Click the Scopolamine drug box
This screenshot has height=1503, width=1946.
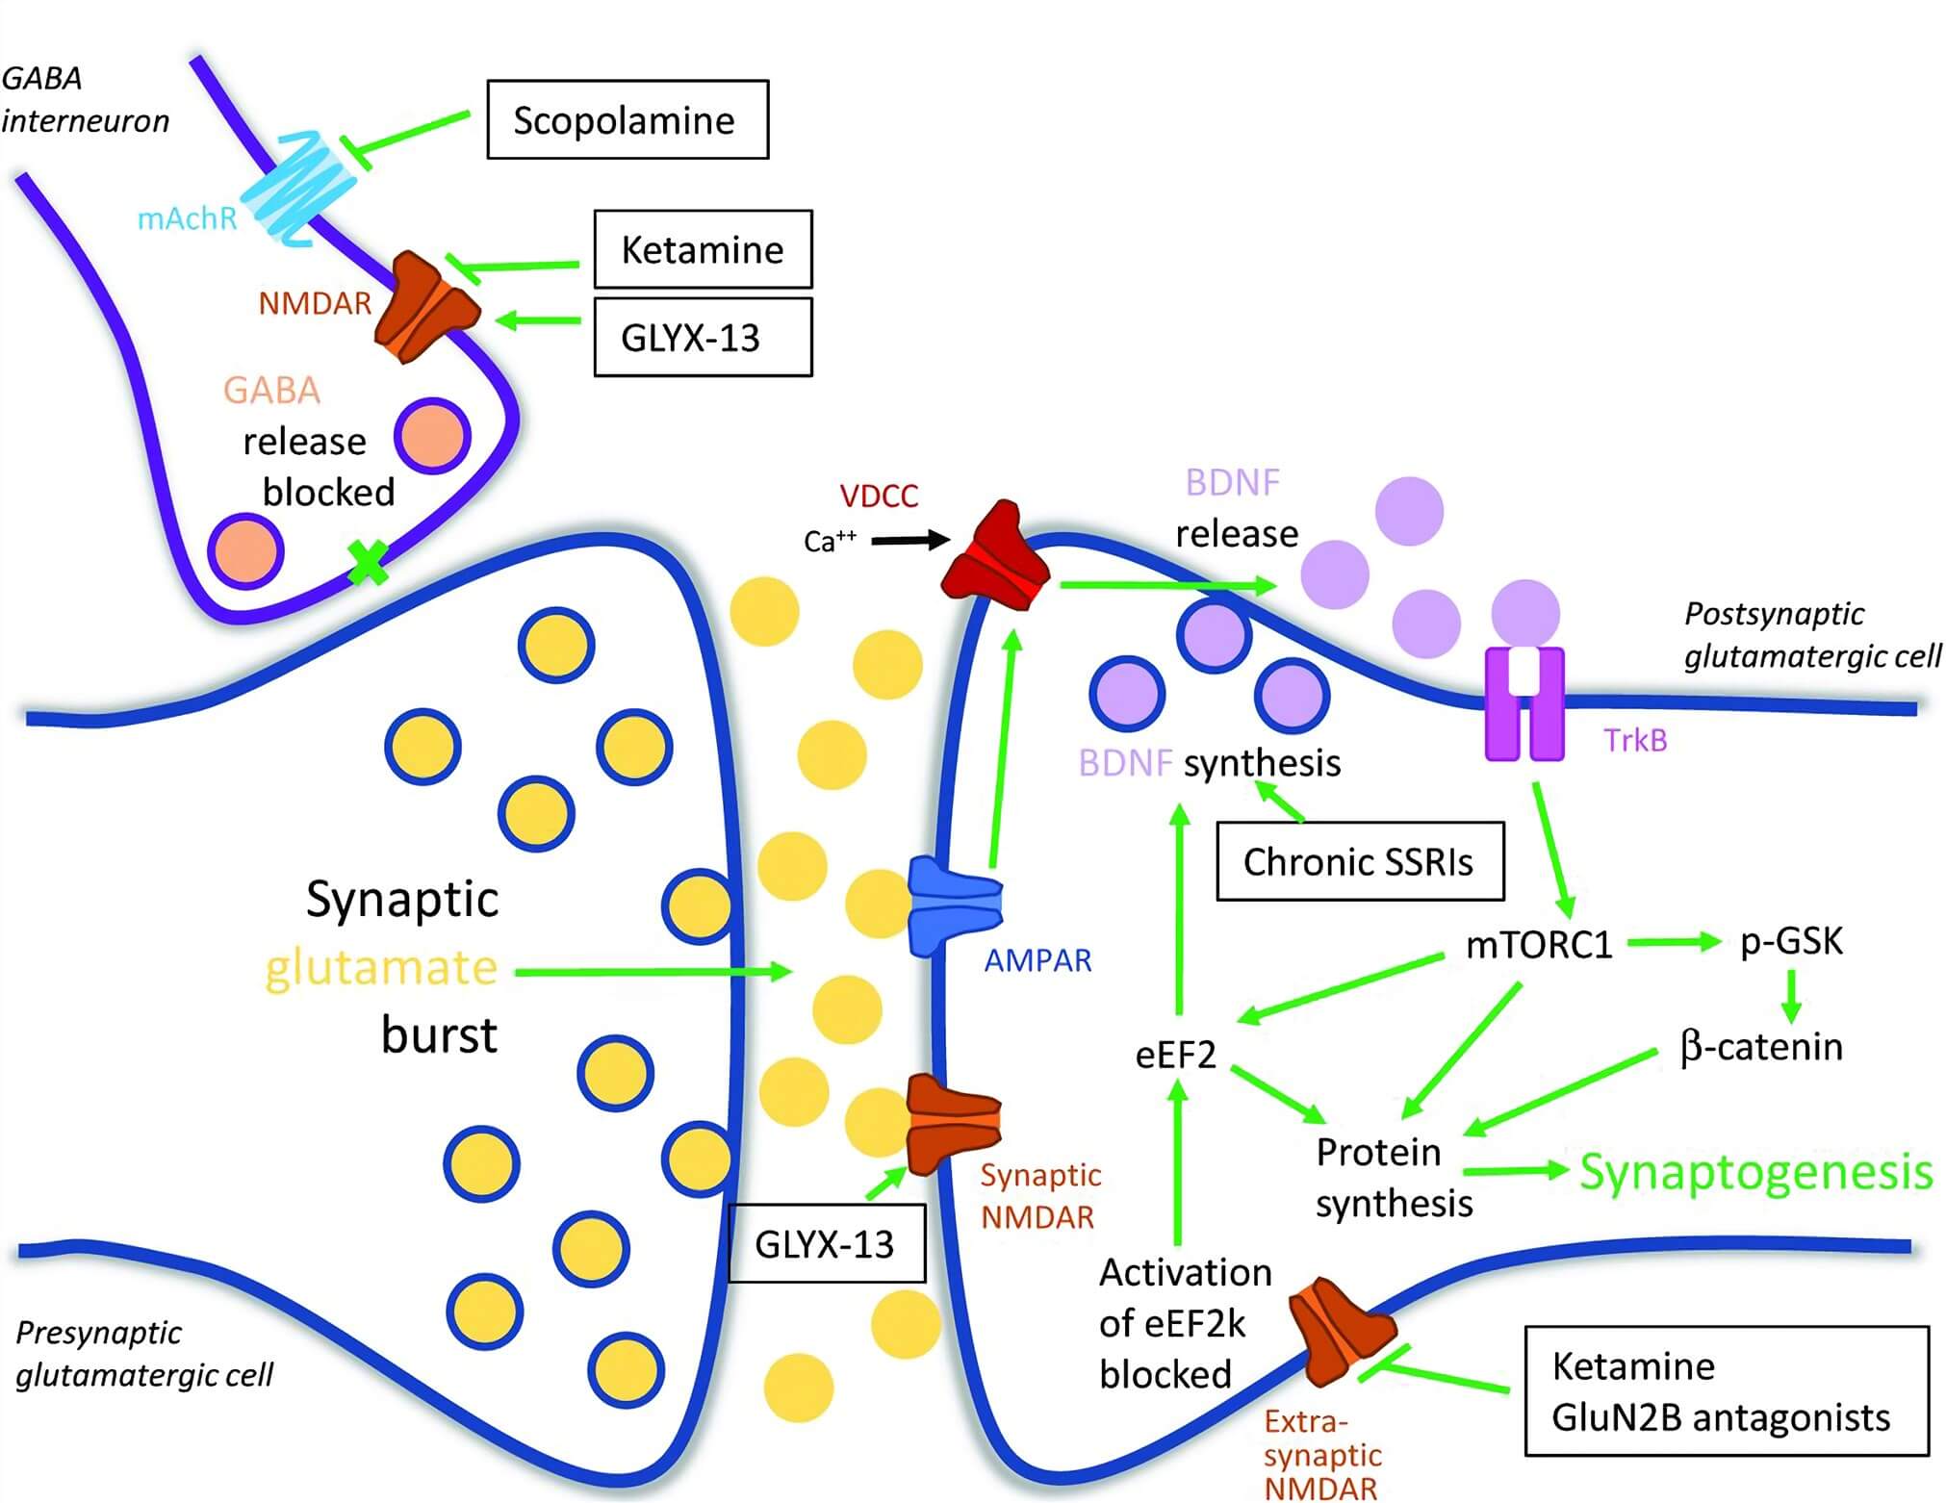(627, 119)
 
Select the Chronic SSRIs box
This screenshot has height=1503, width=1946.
(1359, 861)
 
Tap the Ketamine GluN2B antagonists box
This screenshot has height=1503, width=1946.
(1727, 1391)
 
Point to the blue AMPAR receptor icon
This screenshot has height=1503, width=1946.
(953, 905)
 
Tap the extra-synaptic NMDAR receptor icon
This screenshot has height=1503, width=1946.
(1340, 1330)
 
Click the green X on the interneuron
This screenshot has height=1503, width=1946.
(367, 562)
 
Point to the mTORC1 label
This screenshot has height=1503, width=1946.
(1538, 945)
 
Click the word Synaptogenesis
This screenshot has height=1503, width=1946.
(1755, 1172)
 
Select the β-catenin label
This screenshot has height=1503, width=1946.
(1761, 1047)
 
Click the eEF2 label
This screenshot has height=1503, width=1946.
(1175, 1056)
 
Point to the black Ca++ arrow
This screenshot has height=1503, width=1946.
(909, 541)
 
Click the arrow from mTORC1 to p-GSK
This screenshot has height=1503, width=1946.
(1673, 942)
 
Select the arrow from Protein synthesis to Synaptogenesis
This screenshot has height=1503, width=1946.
(1516, 1171)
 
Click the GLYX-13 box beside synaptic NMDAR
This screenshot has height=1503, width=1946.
(826, 1244)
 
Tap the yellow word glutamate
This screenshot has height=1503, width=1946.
(381, 968)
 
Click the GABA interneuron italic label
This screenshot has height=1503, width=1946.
(85, 99)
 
